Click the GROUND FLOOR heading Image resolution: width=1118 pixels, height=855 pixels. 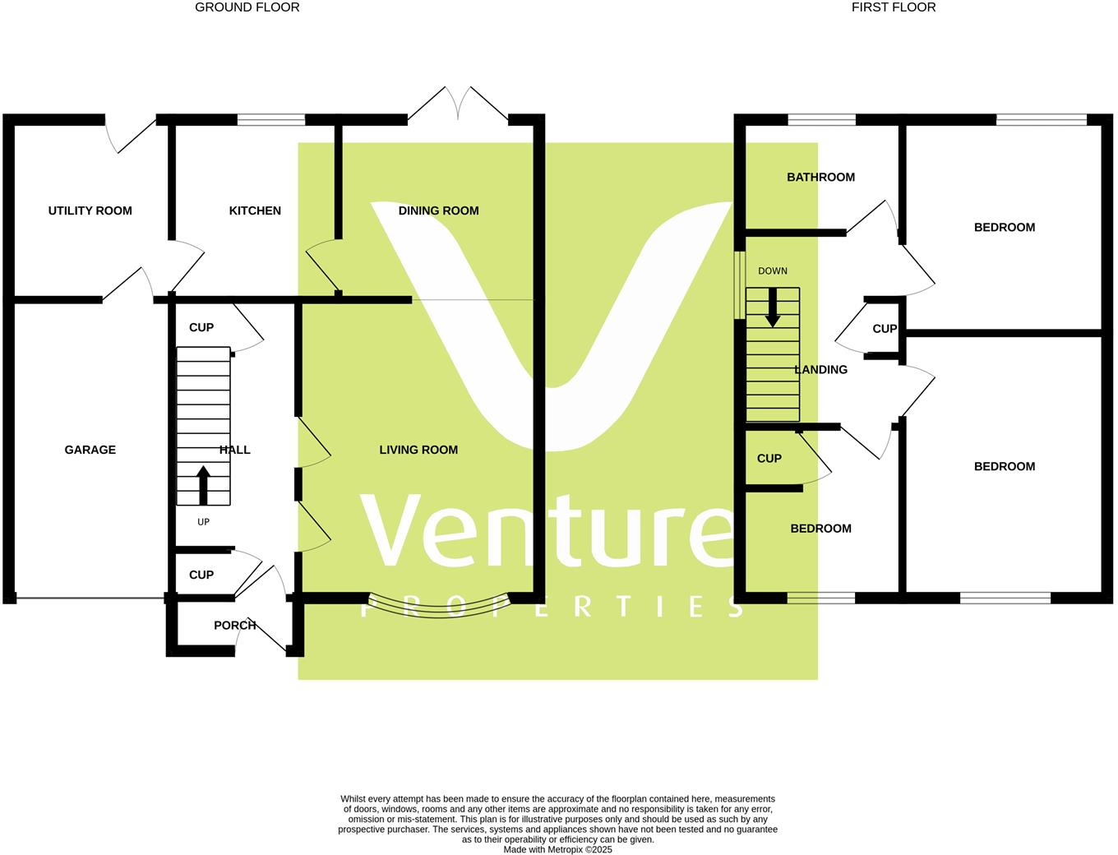[x=247, y=7]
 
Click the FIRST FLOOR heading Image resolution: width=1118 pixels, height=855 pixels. [x=893, y=7]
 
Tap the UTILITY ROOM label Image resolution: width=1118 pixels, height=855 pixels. [x=90, y=210]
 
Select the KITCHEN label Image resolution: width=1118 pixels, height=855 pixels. [x=255, y=210]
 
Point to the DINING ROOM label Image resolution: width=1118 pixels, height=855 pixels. [x=438, y=210]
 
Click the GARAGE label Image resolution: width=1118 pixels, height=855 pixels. [x=90, y=450]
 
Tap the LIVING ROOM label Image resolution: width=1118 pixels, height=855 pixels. [x=418, y=450]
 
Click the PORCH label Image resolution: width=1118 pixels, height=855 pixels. [x=234, y=626]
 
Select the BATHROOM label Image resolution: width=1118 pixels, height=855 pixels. [x=820, y=177]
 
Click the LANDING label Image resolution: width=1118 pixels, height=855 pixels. [x=820, y=370]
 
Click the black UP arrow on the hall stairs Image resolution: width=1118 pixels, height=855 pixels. [x=202, y=485]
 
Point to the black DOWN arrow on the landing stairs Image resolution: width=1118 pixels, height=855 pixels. [x=772, y=307]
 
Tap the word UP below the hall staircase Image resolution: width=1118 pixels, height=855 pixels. [x=203, y=522]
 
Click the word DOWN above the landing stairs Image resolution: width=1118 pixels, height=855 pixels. [x=772, y=271]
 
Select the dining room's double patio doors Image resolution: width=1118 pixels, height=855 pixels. [x=458, y=107]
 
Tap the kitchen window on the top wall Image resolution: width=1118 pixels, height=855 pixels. [x=270, y=120]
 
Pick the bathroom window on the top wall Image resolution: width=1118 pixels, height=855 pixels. [x=820, y=120]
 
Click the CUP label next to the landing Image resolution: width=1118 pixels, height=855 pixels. [x=885, y=329]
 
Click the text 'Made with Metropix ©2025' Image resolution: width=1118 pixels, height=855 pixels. [x=557, y=850]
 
